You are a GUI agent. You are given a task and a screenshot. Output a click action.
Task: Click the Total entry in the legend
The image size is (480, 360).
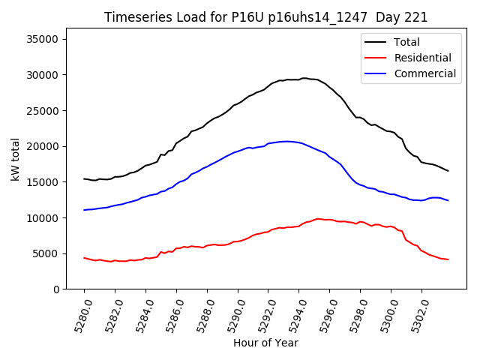pyautogui.click(x=406, y=42)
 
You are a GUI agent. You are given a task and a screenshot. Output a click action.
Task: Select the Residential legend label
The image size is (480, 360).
pyautogui.click(x=422, y=58)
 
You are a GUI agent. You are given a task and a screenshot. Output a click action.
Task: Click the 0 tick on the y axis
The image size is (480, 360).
pyautogui.click(x=56, y=289)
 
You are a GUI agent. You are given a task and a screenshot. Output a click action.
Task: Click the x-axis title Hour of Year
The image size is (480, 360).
pyautogui.click(x=265, y=343)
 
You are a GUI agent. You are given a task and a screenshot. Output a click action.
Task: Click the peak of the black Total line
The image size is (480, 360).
pyautogui.click(x=304, y=77)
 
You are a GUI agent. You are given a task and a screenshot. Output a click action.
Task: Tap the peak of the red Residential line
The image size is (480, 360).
pyautogui.click(x=318, y=218)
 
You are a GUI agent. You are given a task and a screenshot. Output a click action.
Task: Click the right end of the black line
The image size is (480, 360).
pyautogui.click(x=448, y=171)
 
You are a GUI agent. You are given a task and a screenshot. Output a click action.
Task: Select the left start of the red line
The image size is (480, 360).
pyautogui.click(x=84, y=257)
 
